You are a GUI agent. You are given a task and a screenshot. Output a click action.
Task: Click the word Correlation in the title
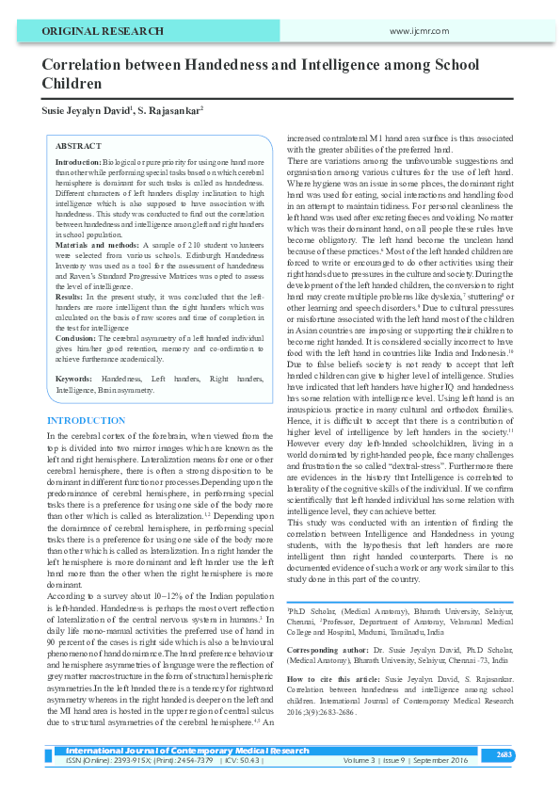click(x=82, y=65)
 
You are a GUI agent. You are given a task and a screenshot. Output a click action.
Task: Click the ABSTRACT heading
click(x=78, y=147)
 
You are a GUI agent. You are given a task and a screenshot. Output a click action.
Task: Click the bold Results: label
click(x=71, y=296)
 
